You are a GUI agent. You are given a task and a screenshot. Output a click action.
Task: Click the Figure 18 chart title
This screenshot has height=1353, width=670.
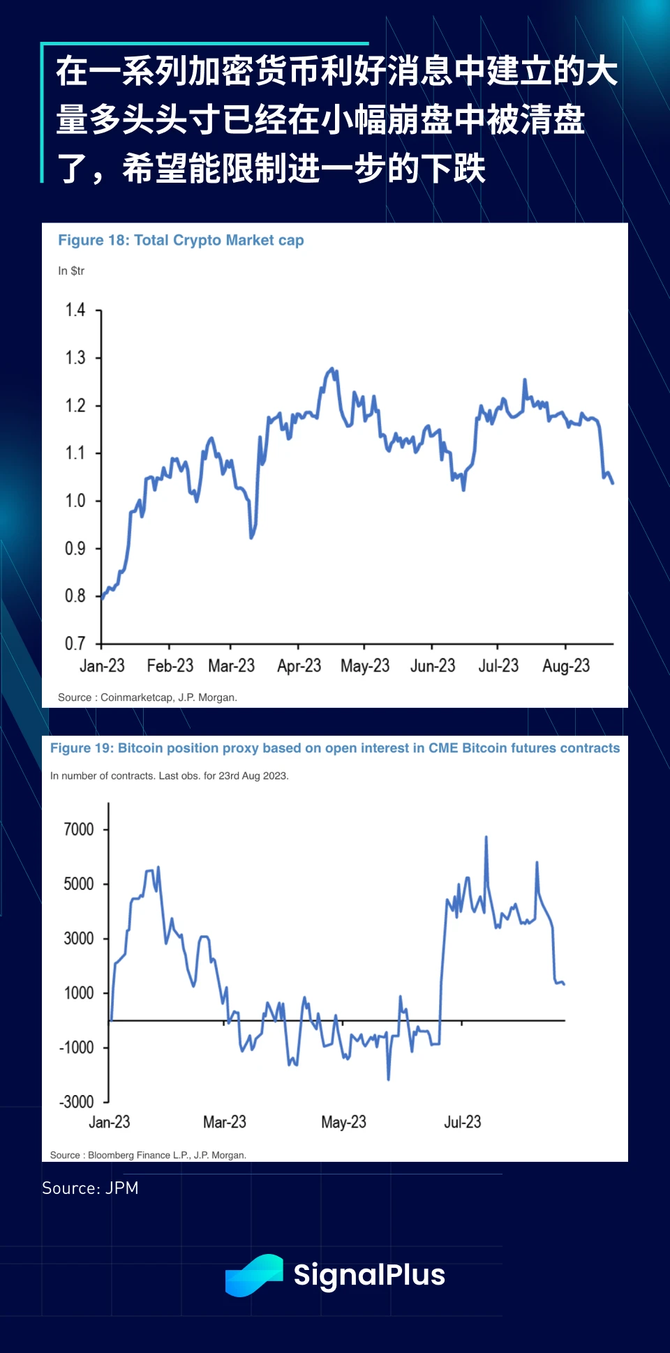pyautogui.click(x=181, y=241)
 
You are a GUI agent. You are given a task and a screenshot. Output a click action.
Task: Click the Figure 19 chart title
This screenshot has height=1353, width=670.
pyautogui.click(x=335, y=748)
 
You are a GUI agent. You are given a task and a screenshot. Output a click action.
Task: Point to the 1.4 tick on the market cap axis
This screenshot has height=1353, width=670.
pyautogui.click(x=75, y=310)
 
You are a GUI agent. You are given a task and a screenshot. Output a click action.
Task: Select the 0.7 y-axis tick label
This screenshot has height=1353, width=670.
pyautogui.click(x=75, y=643)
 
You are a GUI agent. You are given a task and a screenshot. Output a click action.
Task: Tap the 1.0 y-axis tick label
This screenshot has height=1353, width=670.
pyautogui.click(x=75, y=501)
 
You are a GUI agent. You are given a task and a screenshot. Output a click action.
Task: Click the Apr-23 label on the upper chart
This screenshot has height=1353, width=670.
pyautogui.click(x=299, y=666)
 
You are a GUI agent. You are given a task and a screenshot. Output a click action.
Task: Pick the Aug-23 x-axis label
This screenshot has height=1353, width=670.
pyautogui.click(x=566, y=666)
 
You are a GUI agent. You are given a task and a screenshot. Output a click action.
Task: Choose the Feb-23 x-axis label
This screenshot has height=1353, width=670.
pyautogui.click(x=170, y=666)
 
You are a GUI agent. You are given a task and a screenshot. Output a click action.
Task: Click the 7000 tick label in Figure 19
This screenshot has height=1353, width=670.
pyautogui.click(x=79, y=829)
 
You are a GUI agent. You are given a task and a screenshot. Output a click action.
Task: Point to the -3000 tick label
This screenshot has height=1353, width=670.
pyautogui.click(x=77, y=1102)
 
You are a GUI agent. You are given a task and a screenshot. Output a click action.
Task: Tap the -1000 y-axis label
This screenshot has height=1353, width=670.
pyautogui.click(x=77, y=1048)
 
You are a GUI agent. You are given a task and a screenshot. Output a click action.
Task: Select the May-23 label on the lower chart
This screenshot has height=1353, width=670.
pyautogui.click(x=343, y=1122)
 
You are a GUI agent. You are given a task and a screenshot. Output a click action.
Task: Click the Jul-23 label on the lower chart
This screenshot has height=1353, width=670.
pyautogui.click(x=463, y=1122)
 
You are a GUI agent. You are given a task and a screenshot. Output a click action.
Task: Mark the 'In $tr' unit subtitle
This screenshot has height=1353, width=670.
pyautogui.click(x=71, y=271)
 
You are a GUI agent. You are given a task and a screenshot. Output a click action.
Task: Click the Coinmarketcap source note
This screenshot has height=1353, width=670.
pyautogui.click(x=147, y=697)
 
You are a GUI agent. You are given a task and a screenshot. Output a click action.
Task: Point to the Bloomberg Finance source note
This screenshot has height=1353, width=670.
pyautogui.click(x=148, y=1155)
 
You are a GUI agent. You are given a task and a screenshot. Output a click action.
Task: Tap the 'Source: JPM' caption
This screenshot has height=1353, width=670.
pyautogui.click(x=90, y=1188)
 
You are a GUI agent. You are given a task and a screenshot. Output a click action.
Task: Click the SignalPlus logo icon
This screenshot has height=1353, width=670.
pyautogui.click(x=253, y=1275)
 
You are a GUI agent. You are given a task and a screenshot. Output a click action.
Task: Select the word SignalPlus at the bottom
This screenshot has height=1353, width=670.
pyautogui.click(x=369, y=1275)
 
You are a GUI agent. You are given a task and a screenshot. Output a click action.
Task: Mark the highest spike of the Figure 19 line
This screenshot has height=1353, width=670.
pyautogui.click(x=486, y=837)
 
